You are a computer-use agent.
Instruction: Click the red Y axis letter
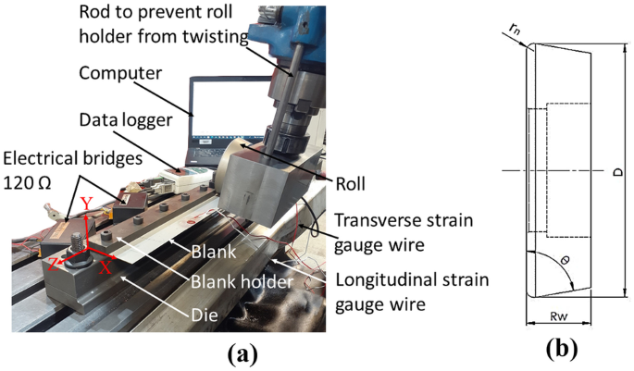point(86,204)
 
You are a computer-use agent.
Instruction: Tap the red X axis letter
point(106,267)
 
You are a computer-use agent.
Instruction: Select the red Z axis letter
point(54,266)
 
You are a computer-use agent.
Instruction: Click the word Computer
point(120,73)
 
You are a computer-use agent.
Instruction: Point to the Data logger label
point(126,120)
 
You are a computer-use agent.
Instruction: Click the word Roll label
point(350,184)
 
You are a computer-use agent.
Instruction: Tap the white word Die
point(205,315)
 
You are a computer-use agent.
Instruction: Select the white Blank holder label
point(242,281)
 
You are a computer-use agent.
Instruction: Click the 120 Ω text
point(28,182)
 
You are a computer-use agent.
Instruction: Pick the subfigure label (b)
point(562,349)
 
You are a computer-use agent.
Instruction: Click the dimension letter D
point(618,171)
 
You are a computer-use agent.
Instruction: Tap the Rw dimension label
point(558,316)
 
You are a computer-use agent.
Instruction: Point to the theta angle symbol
point(565,260)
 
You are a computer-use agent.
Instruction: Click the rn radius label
point(515,29)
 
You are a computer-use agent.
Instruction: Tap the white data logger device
point(185,177)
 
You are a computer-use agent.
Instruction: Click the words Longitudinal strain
point(412,279)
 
